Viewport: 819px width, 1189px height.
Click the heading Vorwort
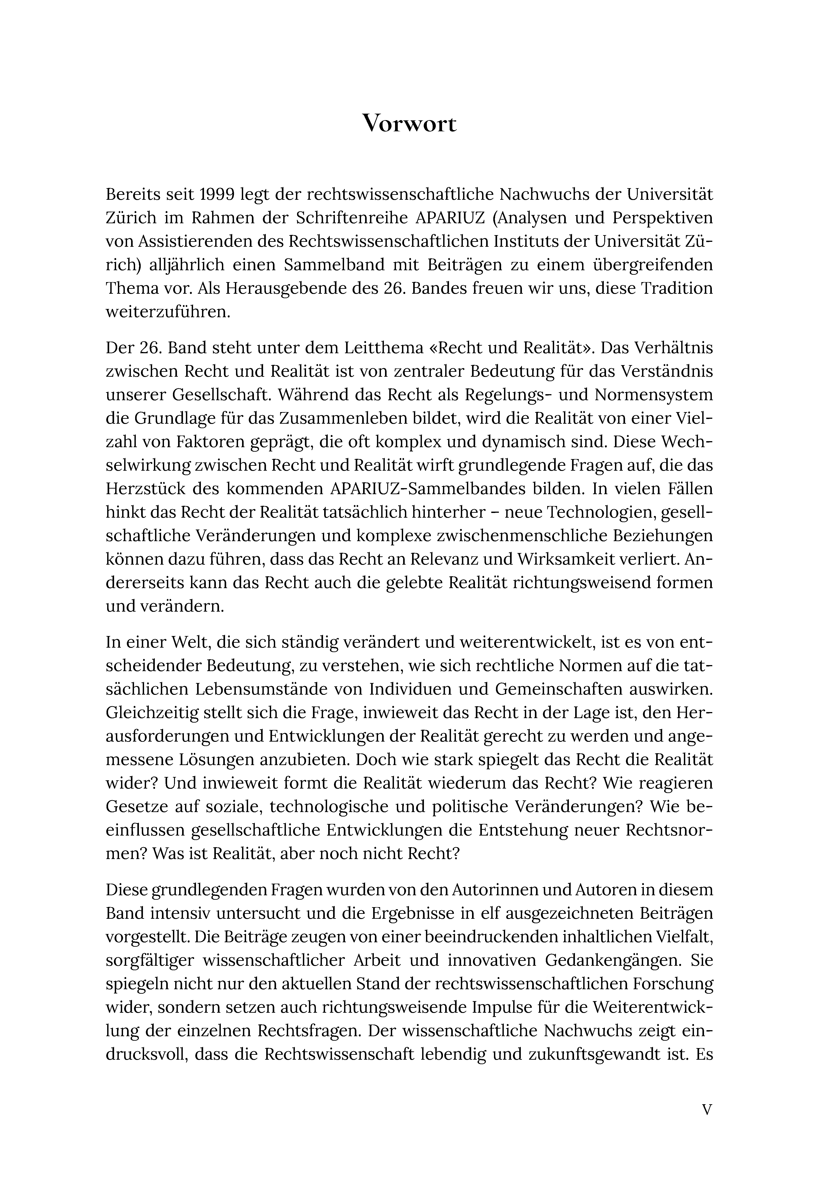coord(409,123)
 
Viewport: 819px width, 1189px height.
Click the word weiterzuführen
coord(168,311)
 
